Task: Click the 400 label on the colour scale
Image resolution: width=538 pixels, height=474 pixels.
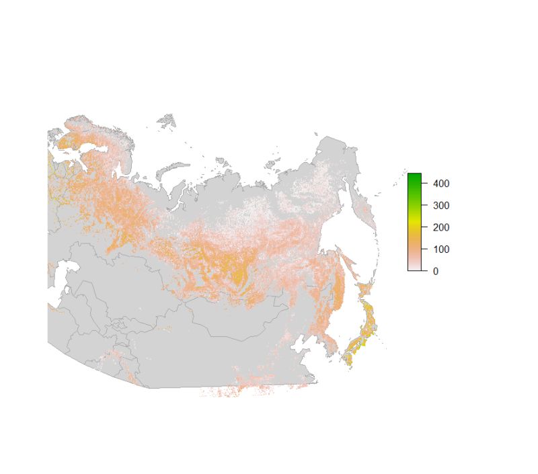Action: pyautogui.click(x=441, y=183)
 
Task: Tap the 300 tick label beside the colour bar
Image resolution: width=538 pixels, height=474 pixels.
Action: pyautogui.click(x=441, y=205)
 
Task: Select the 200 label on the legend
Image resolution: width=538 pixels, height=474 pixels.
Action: pyautogui.click(x=441, y=227)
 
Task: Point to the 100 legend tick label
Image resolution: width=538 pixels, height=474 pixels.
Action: pyautogui.click(x=441, y=249)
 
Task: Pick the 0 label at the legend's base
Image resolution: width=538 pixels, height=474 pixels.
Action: pyautogui.click(x=436, y=271)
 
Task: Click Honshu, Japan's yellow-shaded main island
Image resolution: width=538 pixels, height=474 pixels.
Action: pyautogui.click(x=363, y=329)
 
